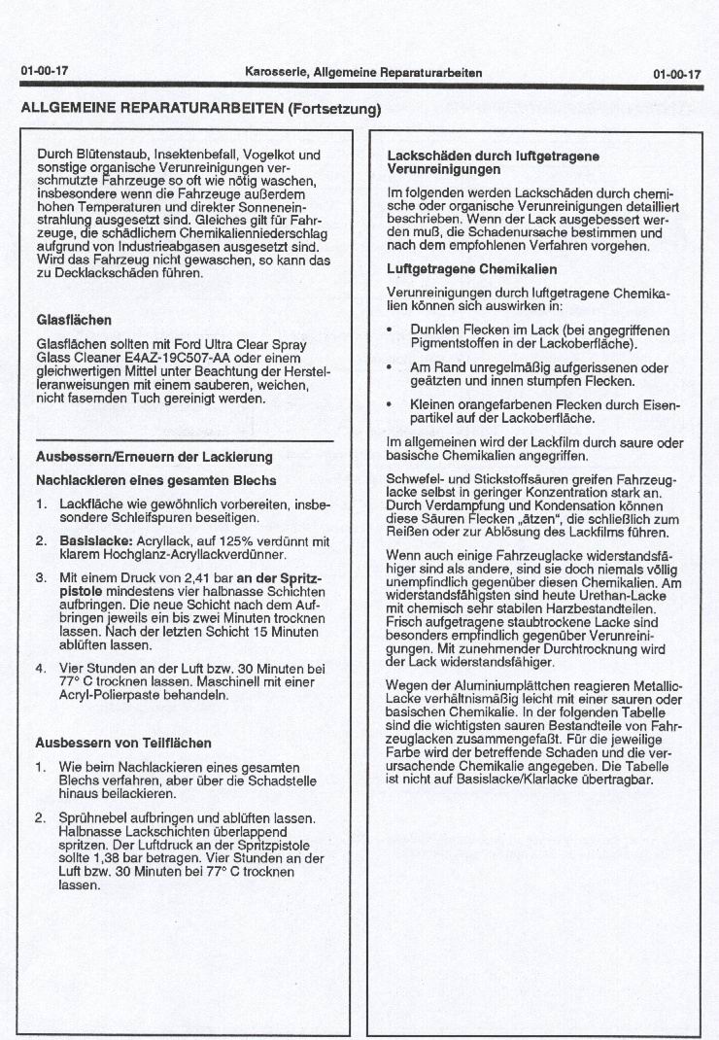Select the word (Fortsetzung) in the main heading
pyautogui.click(x=333, y=108)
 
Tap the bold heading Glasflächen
pyautogui.click(x=74, y=319)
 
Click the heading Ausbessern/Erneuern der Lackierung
pyautogui.click(x=154, y=457)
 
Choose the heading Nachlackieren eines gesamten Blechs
pyautogui.click(x=155, y=480)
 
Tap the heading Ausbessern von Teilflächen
pyautogui.click(x=123, y=744)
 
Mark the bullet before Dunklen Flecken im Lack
pyautogui.click(x=390, y=330)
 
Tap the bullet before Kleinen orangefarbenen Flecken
pyautogui.click(x=390, y=404)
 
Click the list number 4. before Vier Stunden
pyautogui.click(x=41, y=669)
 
